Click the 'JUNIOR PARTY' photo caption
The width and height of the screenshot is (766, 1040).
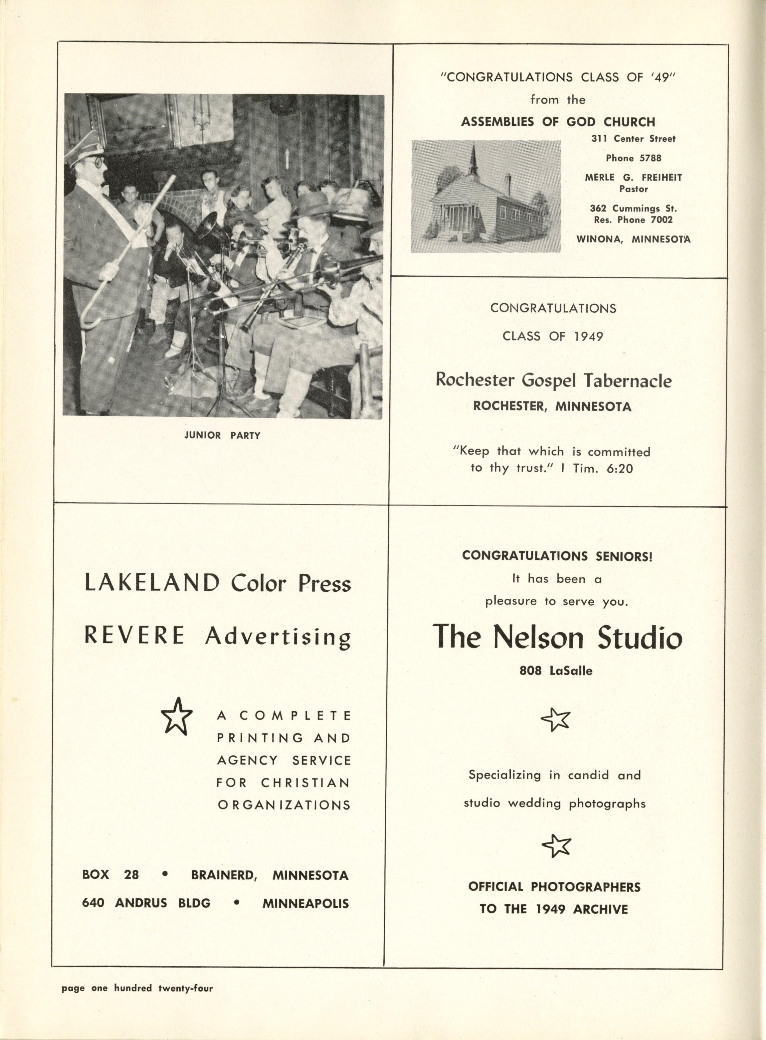[222, 436]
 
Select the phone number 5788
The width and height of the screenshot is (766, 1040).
[650, 158]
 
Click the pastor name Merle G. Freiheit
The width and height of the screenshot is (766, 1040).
[633, 178]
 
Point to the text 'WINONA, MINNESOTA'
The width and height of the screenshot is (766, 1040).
[633, 239]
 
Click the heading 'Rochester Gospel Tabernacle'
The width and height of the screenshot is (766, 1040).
[553, 380]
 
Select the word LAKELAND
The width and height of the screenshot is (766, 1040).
[151, 583]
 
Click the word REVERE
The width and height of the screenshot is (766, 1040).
[134, 635]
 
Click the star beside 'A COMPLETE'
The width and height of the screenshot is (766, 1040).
[176, 722]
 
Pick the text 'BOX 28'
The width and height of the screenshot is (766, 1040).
[110, 875]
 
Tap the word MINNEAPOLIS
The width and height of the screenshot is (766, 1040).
[305, 903]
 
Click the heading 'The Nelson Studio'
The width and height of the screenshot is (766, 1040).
[558, 638]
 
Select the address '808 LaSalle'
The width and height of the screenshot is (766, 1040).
[556, 670]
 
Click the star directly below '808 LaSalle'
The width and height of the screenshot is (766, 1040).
[555, 719]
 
